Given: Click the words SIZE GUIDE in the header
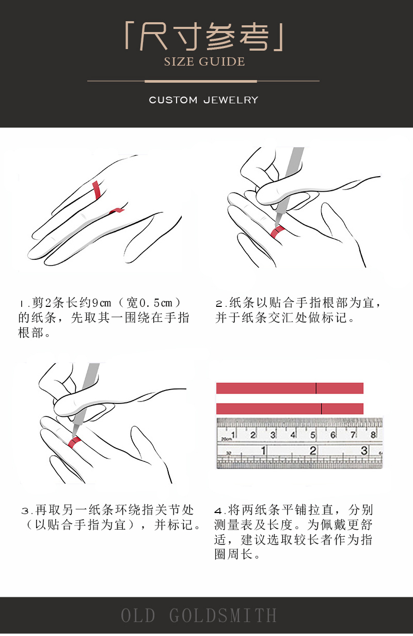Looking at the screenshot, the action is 204,61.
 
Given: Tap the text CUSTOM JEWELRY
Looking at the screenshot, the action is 204,100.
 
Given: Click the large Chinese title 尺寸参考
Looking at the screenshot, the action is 204,37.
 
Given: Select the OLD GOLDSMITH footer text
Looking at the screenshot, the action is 199,615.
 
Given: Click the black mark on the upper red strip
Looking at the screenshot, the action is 316,388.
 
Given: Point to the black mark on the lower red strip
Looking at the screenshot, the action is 322,409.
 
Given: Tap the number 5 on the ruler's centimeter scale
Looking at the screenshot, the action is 312,435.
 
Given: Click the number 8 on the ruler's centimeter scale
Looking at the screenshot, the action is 373,435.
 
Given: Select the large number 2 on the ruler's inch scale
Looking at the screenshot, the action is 313,451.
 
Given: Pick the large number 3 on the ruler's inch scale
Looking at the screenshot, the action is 364,451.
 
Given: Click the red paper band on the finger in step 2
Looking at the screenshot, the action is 277,231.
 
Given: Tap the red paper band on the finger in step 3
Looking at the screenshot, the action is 75,442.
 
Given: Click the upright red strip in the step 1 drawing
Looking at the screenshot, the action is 97,190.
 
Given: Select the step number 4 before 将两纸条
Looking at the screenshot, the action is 218,511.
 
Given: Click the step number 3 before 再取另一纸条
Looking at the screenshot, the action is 25,511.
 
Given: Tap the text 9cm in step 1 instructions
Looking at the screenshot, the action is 102,303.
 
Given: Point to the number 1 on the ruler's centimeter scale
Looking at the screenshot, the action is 233,435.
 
